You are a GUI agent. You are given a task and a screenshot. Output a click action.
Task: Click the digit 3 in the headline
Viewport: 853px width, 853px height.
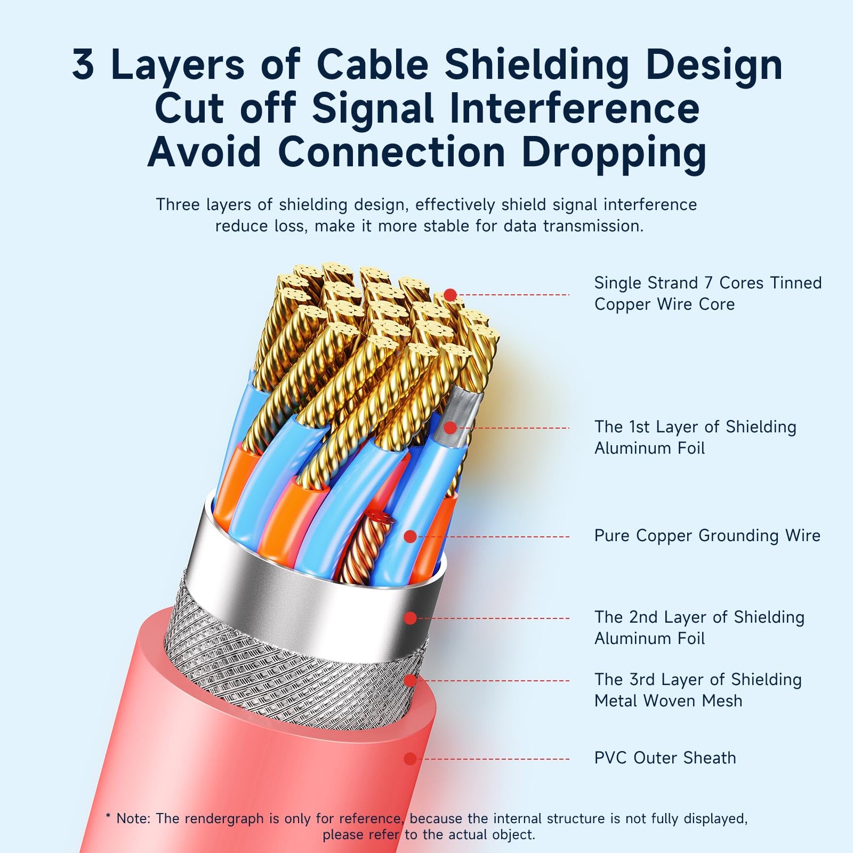click(x=84, y=64)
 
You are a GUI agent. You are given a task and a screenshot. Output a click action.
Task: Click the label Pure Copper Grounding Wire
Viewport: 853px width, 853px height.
click(x=707, y=536)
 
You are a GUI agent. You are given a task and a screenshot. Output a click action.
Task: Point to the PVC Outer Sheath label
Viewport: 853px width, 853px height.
click(x=665, y=758)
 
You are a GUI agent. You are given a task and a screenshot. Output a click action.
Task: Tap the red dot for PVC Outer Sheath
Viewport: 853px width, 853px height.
click(x=410, y=759)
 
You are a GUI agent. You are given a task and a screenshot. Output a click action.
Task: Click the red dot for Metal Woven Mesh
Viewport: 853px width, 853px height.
click(x=410, y=681)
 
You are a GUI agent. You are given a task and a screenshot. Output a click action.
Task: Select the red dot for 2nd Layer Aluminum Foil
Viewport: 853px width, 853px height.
click(x=410, y=618)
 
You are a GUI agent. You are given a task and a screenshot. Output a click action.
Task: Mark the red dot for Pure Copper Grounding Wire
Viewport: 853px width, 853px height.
click(x=410, y=537)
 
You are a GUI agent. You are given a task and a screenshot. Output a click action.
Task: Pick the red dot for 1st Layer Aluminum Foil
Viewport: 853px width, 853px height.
click(x=450, y=428)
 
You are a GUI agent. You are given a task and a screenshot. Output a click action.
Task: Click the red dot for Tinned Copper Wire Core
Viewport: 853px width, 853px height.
click(x=450, y=295)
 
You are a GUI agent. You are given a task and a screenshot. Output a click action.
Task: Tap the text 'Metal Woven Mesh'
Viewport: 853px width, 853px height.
click(x=668, y=701)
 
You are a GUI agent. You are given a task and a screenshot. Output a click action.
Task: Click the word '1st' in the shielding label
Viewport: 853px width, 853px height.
click(x=639, y=427)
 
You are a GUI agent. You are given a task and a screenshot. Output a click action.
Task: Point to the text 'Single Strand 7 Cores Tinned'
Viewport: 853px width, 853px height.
click(x=708, y=283)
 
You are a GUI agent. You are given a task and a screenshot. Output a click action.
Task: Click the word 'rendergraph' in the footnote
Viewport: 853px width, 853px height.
click(x=232, y=818)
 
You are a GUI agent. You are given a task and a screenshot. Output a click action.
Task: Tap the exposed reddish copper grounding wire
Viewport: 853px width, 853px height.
click(x=363, y=549)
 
